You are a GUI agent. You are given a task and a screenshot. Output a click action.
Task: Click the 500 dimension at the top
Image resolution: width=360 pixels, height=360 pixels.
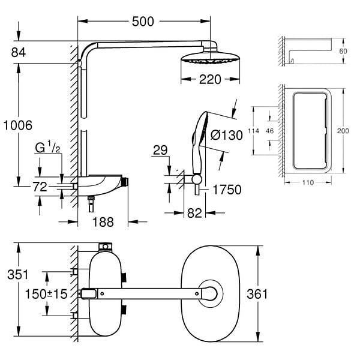coord(143,22)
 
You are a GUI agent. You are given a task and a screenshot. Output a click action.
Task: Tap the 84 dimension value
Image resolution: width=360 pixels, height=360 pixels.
coord(19,52)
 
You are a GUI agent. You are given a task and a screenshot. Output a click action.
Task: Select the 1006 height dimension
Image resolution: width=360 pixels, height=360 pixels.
coord(18,125)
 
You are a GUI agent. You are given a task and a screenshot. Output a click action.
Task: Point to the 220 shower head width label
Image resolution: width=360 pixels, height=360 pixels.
coord(210,79)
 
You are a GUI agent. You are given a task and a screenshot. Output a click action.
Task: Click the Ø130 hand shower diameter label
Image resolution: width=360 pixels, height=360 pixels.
coord(227,135)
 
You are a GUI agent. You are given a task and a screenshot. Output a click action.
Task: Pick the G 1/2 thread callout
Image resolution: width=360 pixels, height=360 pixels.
coord(47,147)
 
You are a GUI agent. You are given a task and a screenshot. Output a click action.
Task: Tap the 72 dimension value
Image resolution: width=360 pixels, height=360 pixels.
coord(40,187)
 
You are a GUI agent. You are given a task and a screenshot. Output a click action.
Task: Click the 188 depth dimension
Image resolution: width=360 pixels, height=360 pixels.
coord(103,222)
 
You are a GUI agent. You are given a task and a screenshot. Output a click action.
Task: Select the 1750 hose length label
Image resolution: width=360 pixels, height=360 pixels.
coord(227,190)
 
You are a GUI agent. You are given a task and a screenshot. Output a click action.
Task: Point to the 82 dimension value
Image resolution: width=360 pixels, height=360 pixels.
coord(194,213)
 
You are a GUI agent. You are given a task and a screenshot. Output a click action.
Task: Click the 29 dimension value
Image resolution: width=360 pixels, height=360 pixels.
coord(160,150)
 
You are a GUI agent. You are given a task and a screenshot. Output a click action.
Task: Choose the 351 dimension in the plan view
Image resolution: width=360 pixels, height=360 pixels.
coord(17,274)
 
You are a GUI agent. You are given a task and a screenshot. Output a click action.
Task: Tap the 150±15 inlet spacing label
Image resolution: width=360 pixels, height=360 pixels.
coord(46,294)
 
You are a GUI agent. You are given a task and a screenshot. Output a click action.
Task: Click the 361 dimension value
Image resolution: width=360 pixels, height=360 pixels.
coord(257,294)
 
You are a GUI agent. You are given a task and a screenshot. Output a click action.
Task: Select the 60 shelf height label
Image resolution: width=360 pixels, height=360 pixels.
coord(343,51)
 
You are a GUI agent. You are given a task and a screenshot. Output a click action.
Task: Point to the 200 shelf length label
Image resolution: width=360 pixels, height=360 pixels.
coord(343,131)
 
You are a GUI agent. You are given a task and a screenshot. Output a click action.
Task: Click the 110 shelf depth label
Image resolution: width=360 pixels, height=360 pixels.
coord(308,182)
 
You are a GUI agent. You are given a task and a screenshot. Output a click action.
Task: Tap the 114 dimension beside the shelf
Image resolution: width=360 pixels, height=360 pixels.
coord(253,131)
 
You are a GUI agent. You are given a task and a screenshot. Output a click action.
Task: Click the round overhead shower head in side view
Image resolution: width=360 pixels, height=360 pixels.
coord(211,58)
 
